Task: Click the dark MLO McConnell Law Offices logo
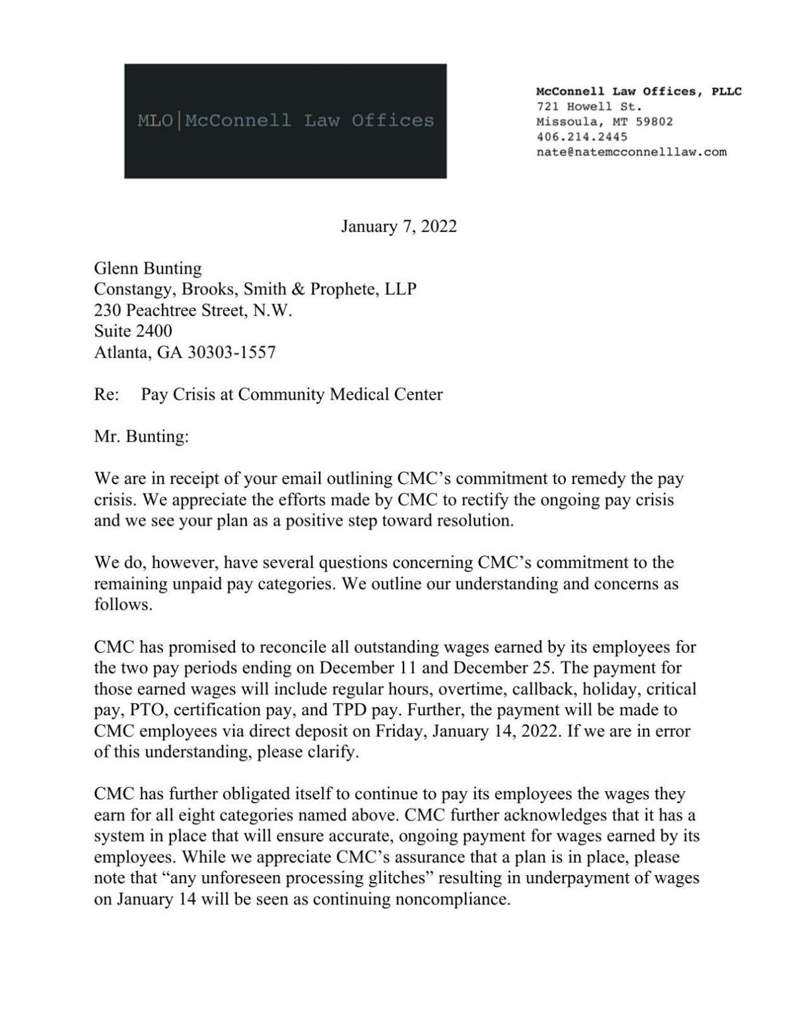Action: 285,121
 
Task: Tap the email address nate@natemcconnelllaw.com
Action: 631,152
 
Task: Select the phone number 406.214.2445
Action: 581,137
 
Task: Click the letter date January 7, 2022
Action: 399,226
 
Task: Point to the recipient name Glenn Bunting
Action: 148,268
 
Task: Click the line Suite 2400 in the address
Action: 133,331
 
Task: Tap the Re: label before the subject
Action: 107,394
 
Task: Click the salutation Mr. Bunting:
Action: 142,437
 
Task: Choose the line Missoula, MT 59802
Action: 604,122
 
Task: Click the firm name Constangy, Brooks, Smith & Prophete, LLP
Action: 255,290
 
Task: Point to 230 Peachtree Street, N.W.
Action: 193,310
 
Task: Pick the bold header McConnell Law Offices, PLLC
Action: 639,91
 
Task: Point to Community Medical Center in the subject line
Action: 340,394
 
